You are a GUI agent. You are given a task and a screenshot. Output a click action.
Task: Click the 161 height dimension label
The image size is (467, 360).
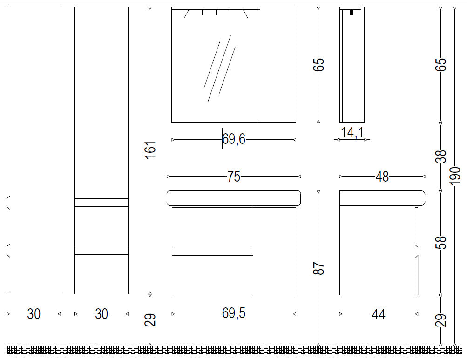[151, 149]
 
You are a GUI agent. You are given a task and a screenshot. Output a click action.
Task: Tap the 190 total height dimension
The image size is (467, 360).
[455, 176]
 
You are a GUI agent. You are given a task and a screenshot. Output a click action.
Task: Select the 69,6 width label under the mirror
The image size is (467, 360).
[234, 139]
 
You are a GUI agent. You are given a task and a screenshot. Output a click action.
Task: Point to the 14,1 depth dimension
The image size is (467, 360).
[352, 132]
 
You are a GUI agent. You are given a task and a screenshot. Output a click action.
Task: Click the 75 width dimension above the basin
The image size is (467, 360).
[234, 177]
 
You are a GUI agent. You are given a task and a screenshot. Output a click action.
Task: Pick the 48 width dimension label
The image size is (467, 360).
[382, 177]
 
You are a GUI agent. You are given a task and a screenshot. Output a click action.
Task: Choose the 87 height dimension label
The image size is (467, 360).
[318, 268]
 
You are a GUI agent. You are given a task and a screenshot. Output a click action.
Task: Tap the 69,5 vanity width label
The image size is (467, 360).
[234, 313]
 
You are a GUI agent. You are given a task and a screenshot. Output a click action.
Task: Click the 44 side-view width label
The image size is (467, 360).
[379, 314]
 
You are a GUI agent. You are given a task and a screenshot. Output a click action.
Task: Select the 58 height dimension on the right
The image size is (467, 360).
[441, 242]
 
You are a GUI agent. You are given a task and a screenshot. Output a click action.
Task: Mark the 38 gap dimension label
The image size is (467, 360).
[441, 156]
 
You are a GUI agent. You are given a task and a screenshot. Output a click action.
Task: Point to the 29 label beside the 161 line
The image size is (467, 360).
[151, 320]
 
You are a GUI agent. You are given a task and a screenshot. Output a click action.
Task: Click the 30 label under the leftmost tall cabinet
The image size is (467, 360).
[34, 314]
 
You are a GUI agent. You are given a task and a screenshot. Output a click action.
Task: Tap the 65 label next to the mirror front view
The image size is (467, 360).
[318, 64]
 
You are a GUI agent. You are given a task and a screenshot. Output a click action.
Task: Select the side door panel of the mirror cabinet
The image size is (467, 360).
[278, 65]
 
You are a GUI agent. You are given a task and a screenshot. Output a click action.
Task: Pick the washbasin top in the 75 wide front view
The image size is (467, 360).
[234, 198]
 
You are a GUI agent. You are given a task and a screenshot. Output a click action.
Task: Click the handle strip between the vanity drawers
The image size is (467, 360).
[212, 251]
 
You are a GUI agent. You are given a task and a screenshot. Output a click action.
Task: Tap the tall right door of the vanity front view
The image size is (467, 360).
[275, 251]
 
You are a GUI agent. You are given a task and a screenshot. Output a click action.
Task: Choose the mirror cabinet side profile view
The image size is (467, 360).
[352, 65]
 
